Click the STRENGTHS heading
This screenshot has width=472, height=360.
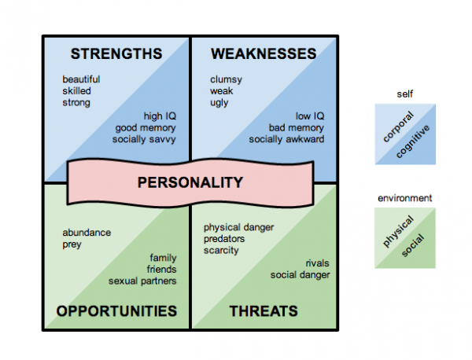pyautogui.click(x=116, y=53)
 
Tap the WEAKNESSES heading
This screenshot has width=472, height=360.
pyautogui.click(x=264, y=53)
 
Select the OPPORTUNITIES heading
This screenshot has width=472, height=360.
pyautogui.click(x=116, y=311)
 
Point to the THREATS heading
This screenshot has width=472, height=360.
pyautogui.click(x=264, y=311)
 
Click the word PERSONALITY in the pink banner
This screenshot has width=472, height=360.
pyautogui.click(x=190, y=182)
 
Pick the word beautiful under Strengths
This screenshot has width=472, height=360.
pyautogui.click(x=81, y=79)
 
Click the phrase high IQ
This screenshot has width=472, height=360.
pyautogui.click(x=160, y=116)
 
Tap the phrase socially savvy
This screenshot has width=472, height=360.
pyautogui.click(x=144, y=140)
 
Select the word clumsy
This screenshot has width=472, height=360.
pyautogui.click(x=226, y=79)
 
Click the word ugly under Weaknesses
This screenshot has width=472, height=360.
pyautogui.click(x=219, y=103)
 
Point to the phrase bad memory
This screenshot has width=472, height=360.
pyautogui.click(x=297, y=128)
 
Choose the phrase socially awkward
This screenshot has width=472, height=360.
pyautogui.click(x=286, y=139)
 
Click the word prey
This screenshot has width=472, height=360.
pyautogui.click(x=72, y=244)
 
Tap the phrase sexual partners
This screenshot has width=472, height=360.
pyautogui.click(x=142, y=281)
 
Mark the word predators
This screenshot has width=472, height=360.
pyautogui.click(x=224, y=239)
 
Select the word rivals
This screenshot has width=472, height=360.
pyautogui.click(x=317, y=263)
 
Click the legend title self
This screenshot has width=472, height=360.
pyautogui.click(x=405, y=94)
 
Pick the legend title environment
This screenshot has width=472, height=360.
pyautogui.click(x=405, y=198)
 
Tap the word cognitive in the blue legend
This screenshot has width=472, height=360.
pyautogui.click(x=413, y=141)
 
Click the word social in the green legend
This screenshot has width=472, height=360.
pyautogui.click(x=413, y=245)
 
